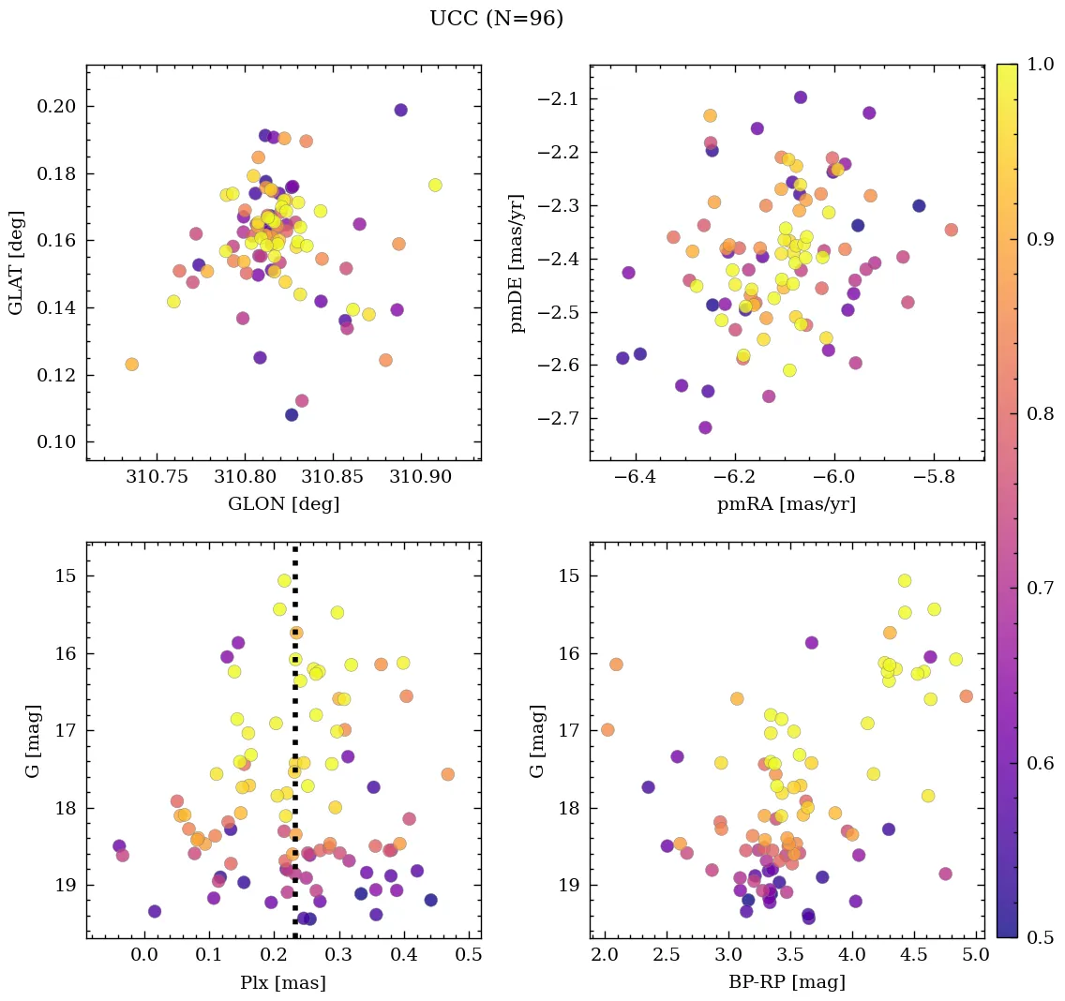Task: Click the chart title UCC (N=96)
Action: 496,19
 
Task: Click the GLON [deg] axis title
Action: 283,504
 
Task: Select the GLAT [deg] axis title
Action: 17,262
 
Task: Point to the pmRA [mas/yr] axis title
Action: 787,504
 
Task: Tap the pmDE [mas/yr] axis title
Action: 517,262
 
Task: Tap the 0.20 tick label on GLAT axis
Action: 55,107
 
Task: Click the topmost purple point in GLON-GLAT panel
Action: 400,110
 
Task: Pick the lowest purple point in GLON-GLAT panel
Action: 292,414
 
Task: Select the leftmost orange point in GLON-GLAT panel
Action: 132,364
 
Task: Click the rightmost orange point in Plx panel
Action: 447,774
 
